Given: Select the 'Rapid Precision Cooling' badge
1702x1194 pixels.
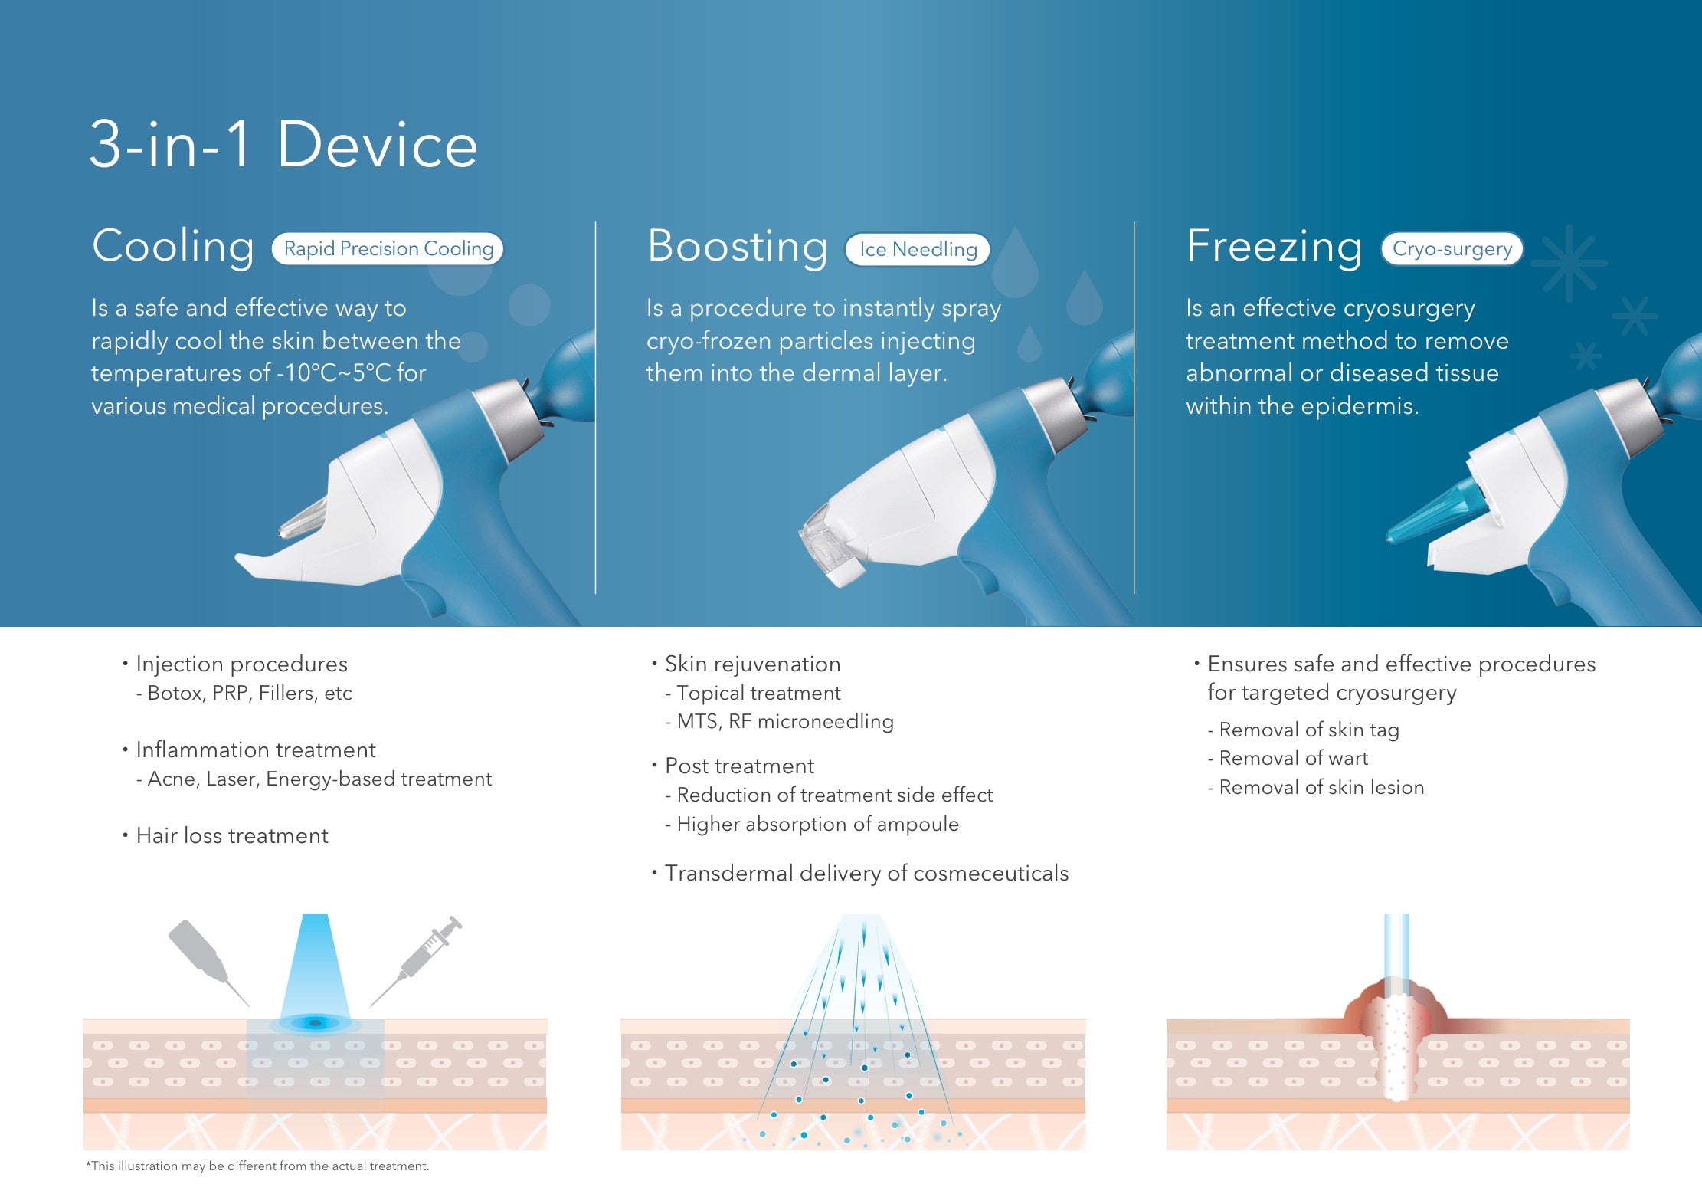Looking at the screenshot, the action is coord(388,249).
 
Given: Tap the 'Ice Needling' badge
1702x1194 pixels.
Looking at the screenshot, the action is coord(918,249).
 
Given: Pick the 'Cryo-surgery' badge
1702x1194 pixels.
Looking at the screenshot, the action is coord(1452,249).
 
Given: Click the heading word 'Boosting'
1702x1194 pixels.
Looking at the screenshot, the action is coord(737,248).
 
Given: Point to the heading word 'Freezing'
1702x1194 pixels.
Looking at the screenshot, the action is coord(1274,248).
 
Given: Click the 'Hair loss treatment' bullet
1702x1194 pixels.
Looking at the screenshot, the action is coord(231,835).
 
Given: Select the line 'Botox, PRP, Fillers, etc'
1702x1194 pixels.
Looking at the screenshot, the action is coord(249,693).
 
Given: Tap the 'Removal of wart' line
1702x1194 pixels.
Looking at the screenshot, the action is coord(1293,758).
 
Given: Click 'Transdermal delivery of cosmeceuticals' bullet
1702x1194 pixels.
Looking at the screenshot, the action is coord(866,873).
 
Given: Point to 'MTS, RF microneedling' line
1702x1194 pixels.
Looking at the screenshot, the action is coord(785,721).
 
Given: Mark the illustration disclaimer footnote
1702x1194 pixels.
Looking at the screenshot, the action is coord(257,1166).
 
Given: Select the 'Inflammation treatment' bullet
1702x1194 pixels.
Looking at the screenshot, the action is coord(255,750).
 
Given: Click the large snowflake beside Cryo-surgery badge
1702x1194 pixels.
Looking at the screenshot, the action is coord(1569,263).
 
